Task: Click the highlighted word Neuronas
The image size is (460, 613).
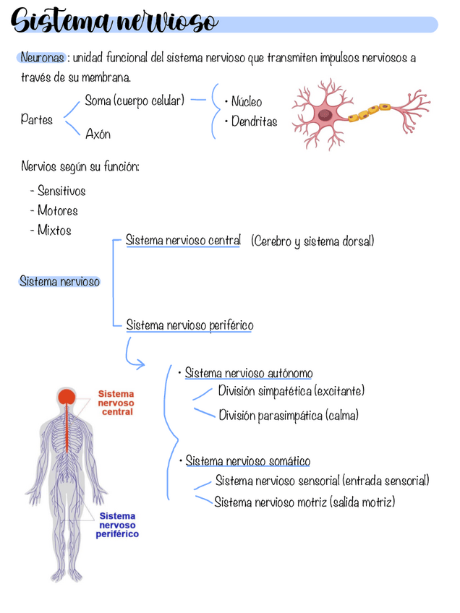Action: [x=42, y=58]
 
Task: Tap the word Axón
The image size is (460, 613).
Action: [x=98, y=134]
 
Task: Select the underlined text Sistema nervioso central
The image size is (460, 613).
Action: [x=183, y=240]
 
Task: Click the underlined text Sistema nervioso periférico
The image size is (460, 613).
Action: [x=189, y=325]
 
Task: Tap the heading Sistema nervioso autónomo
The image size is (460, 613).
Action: [x=249, y=373]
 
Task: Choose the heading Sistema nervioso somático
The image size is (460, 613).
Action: [x=248, y=461]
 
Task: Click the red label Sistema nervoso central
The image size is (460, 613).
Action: [x=116, y=403]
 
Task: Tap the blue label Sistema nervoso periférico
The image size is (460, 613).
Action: [x=117, y=525]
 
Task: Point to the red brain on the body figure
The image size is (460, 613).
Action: [x=67, y=397]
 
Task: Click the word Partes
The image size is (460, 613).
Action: [x=36, y=119]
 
